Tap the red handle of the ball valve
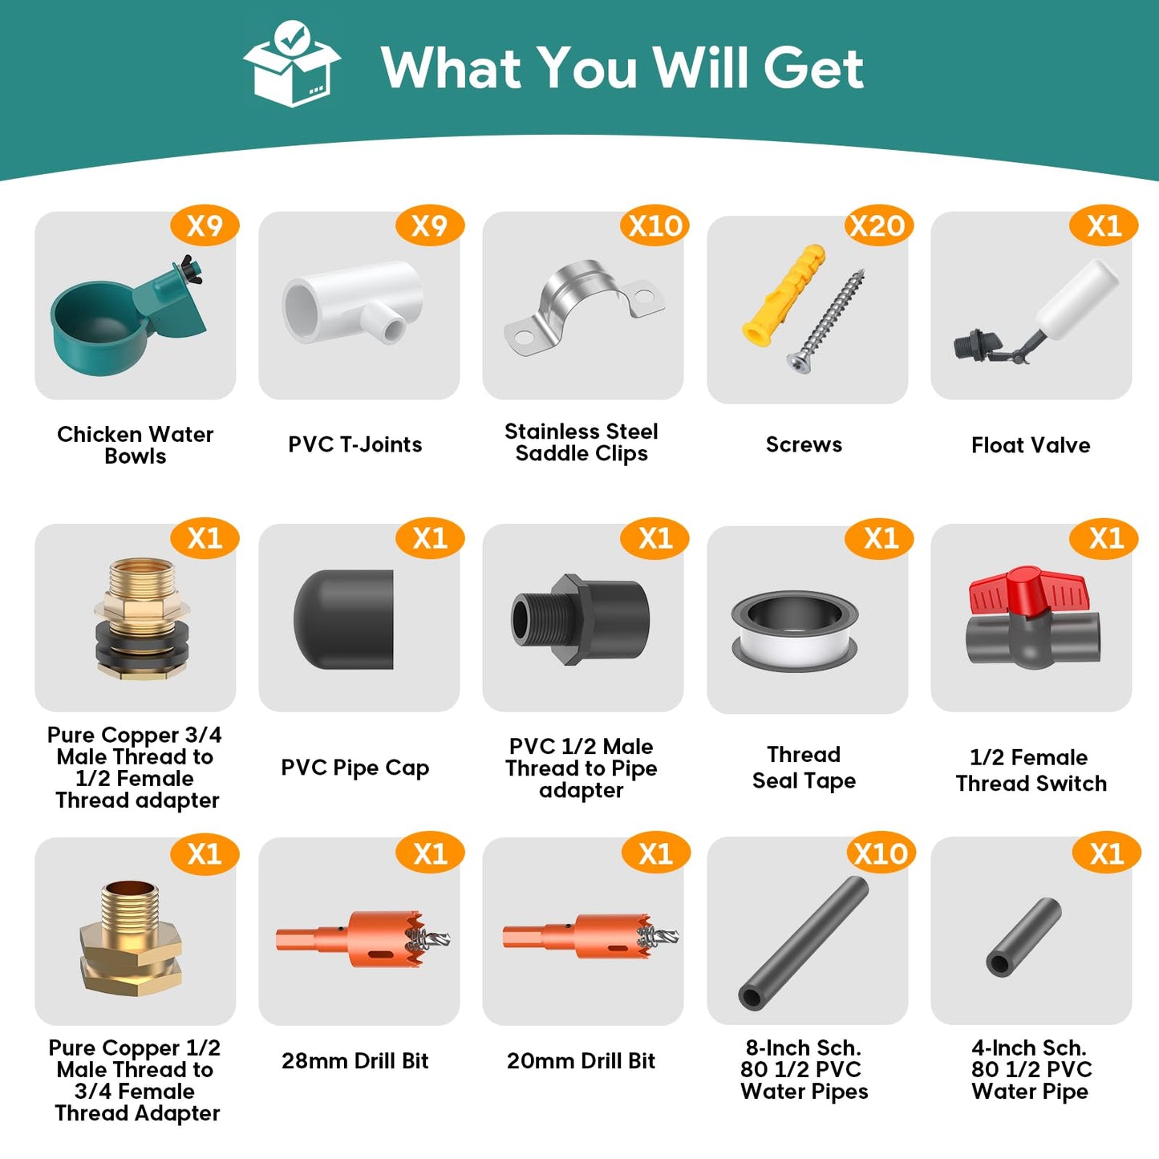point(1028,590)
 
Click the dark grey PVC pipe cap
point(343,619)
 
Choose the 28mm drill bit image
point(363,939)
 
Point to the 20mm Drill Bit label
point(581,1061)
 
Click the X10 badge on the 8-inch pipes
point(881,853)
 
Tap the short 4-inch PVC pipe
point(1023,938)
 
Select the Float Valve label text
point(1031,445)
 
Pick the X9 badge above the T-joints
point(429,226)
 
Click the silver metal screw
point(825,322)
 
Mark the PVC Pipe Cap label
point(355,768)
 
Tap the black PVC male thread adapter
point(581,619)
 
